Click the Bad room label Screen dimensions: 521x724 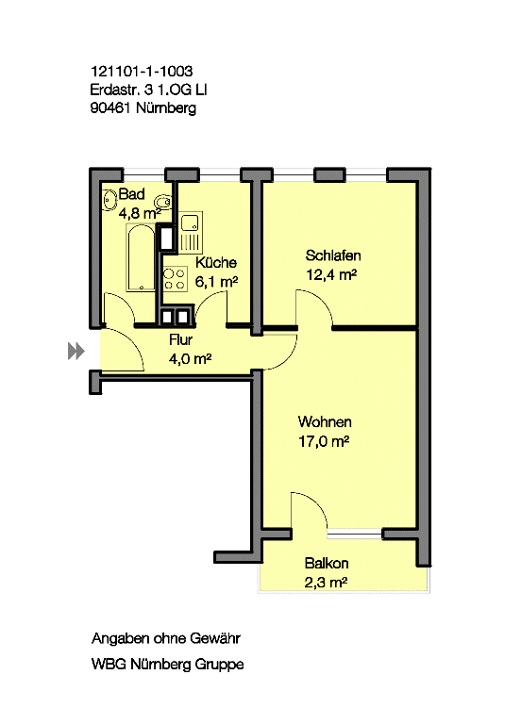132,194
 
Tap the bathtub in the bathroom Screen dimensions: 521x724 141,257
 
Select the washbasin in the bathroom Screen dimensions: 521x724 109,201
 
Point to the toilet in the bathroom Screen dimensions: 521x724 162,202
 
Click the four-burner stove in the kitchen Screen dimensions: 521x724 175,279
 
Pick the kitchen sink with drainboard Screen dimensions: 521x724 191,233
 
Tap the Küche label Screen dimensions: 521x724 216,263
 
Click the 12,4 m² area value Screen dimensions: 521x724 331,275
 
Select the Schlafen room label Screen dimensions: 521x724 333,255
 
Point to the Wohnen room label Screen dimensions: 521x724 325,421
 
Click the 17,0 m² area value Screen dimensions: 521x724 324,441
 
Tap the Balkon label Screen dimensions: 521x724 327,564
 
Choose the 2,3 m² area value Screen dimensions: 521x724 326,583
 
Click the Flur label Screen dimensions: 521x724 181,340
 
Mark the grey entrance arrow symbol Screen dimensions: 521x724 76,351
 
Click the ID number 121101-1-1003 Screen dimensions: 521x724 142,71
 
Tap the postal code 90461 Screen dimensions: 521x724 111,108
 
